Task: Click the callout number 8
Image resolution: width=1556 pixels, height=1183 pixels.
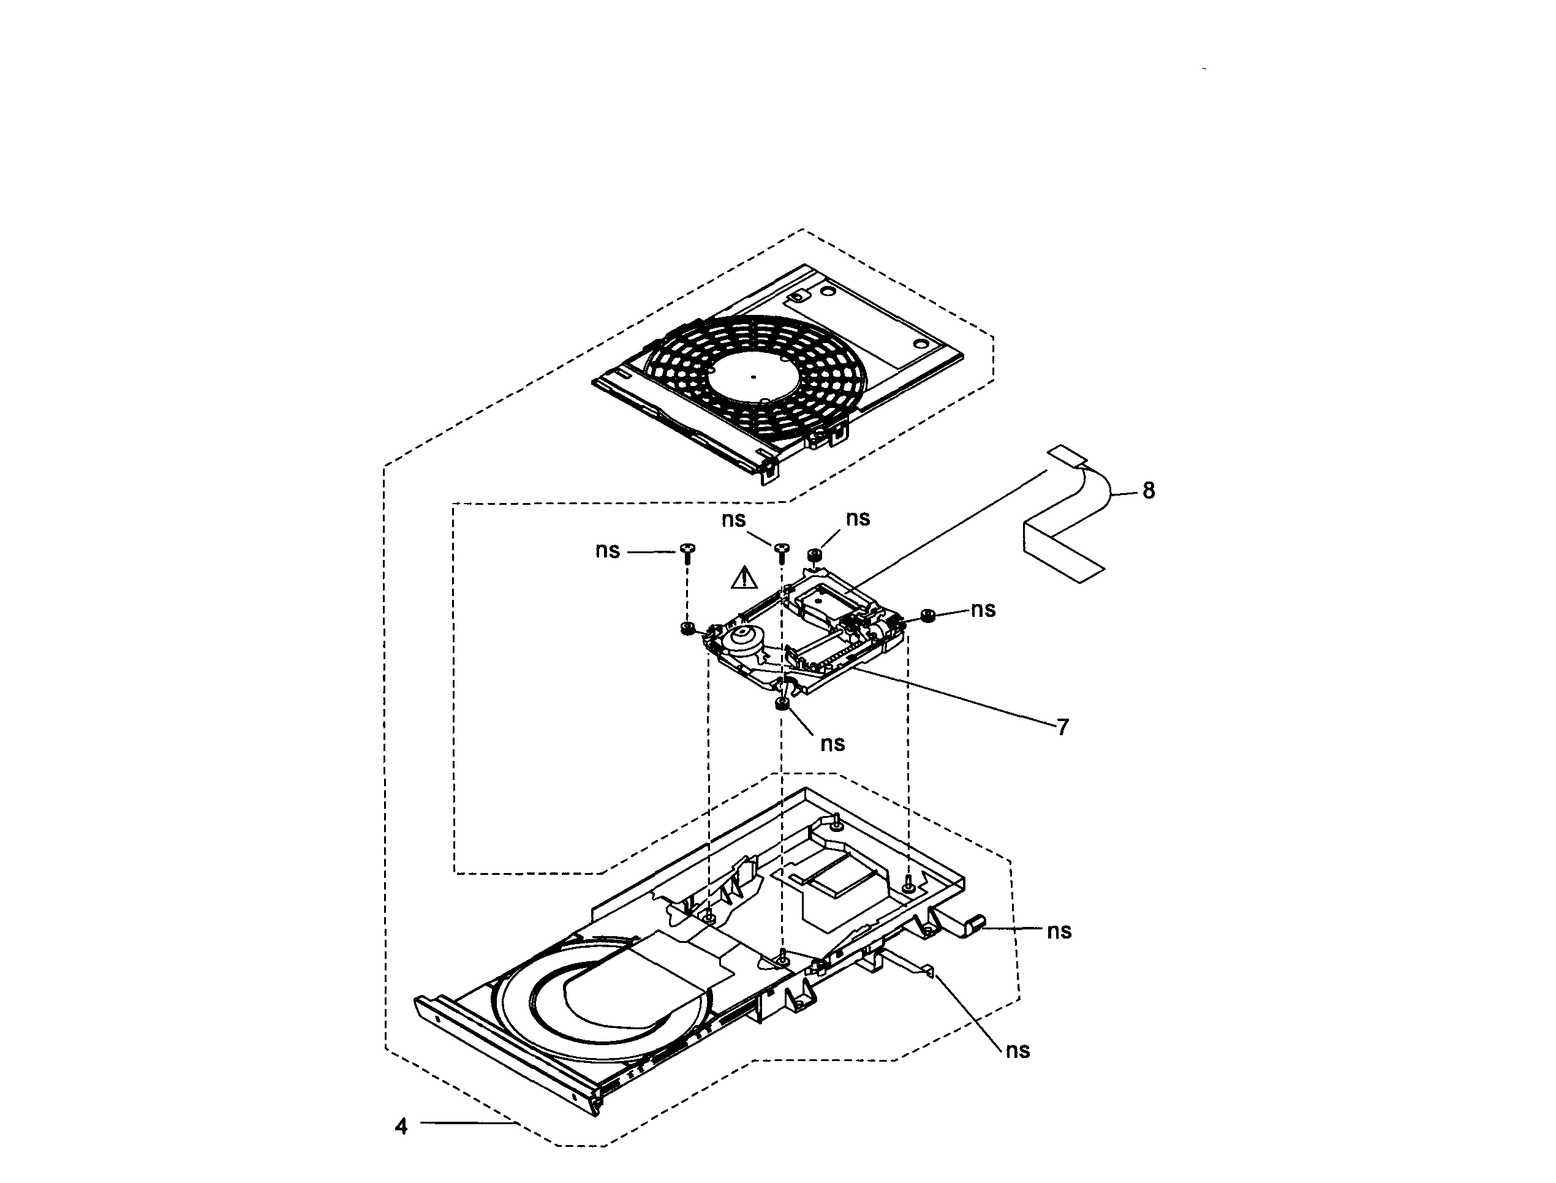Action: [1149, 490]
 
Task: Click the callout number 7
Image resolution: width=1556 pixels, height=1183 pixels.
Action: [1062, 727]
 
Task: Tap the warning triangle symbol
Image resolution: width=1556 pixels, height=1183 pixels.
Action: [744, 579]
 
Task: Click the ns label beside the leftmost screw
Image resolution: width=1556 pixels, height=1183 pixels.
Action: [608, 551]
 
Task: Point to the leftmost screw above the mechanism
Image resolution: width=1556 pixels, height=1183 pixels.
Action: [688, 553]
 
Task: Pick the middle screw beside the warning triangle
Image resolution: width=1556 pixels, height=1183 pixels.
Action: [782, 553]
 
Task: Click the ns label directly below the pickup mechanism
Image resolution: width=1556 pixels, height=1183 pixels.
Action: [832, 744]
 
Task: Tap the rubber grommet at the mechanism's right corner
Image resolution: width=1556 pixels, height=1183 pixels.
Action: [928, 616]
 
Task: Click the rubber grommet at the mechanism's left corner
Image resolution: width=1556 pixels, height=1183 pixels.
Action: [687, 627]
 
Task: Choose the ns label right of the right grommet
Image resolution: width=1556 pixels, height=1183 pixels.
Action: [983, 609]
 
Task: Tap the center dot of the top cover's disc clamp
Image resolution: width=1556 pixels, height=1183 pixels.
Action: [753, 377]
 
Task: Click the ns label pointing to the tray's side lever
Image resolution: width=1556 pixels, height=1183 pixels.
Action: [1059, 931]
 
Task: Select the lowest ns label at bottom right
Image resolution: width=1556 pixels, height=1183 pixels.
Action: [1018, 1051]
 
